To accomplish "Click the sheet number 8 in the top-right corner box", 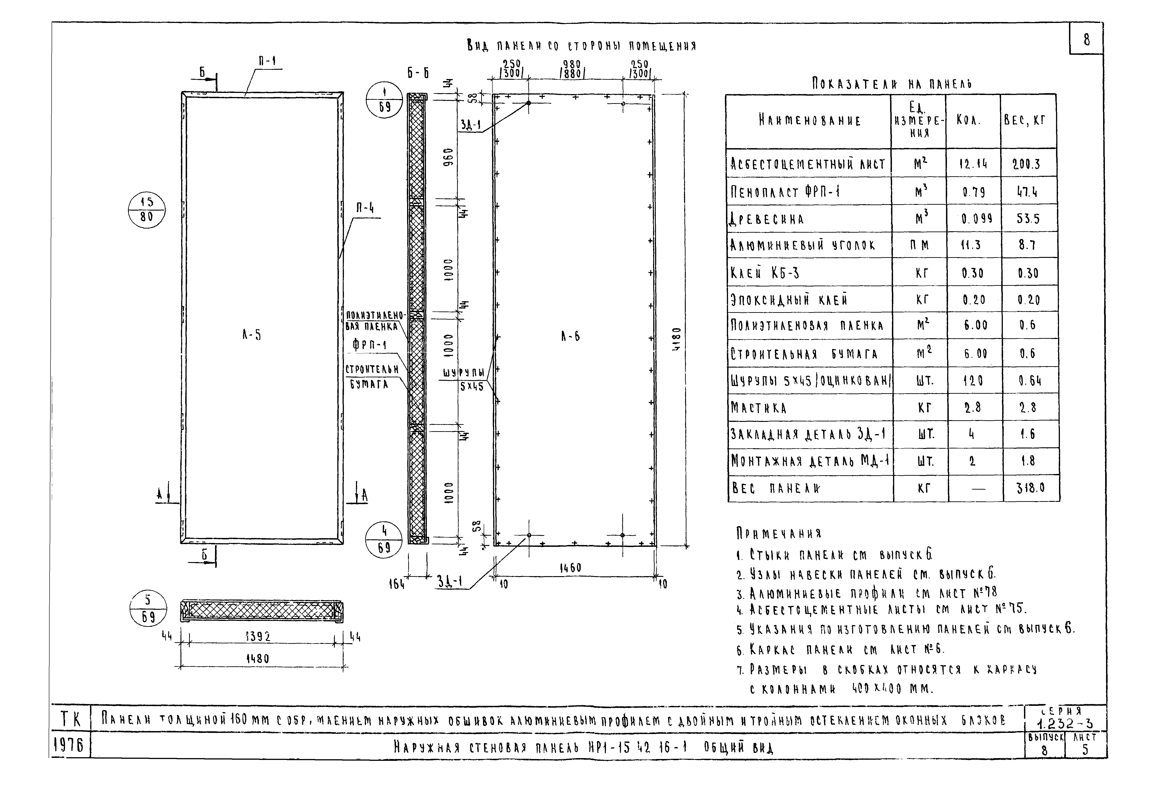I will [x=1086, y=40].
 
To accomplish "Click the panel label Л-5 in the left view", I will [x=251, y=335].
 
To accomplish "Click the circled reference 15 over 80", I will [x=146, y=210].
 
